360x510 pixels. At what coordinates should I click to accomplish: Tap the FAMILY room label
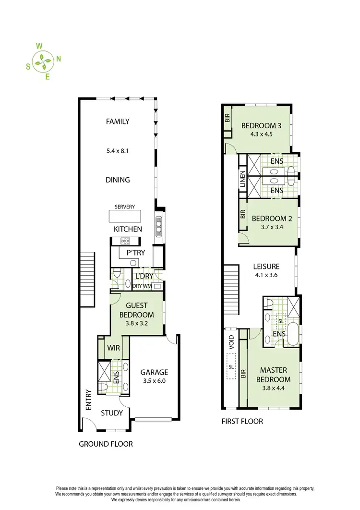coord(118,121)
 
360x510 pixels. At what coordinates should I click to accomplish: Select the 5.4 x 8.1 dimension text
coord(118,150)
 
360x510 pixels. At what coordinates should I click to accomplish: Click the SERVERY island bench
coord(125,217)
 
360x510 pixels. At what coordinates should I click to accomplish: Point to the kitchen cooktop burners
coord(126,241)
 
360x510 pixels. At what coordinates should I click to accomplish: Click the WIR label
coord(114,347)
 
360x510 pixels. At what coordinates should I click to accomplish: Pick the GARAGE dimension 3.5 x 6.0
coord(154,382)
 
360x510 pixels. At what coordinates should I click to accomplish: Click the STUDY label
coord(112,413)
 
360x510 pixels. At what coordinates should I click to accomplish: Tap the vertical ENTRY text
coord(88,400)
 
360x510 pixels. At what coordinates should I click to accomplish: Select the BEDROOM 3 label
coord(261,126)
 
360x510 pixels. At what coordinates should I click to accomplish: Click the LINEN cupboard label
coord(243,179)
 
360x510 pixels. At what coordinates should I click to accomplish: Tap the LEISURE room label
coord(266,266)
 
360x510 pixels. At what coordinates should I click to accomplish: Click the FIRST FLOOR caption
coord(242,421)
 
